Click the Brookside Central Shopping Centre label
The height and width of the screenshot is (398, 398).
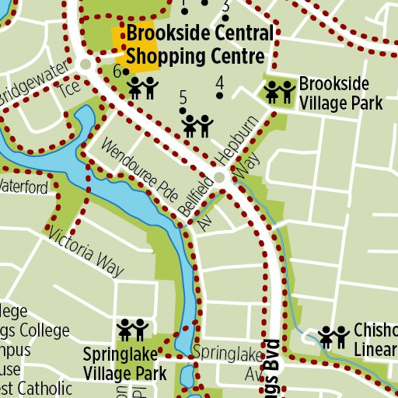[x=200, y=45]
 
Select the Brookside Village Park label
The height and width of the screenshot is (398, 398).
[x=341, y=93]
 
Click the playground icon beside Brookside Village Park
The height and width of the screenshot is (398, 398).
[x=280, y=92]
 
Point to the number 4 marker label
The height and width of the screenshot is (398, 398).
[x=220, y=83]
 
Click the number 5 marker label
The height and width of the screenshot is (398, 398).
[x=183, y=98]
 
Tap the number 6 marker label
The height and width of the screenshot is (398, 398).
[x=117, y=72]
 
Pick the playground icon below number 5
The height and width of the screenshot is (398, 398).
[x=197, y=124]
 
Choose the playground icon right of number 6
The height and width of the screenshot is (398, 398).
[x=143, y=87]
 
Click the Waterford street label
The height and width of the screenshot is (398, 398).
[x=23, y=187]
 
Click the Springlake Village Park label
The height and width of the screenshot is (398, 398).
[x=125, y=364]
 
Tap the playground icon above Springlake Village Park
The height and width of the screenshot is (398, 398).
[x=132, y=330]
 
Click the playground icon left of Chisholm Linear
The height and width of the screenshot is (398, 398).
[x=333, y=336]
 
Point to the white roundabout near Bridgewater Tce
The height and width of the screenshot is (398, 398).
[x=86, y=64]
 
